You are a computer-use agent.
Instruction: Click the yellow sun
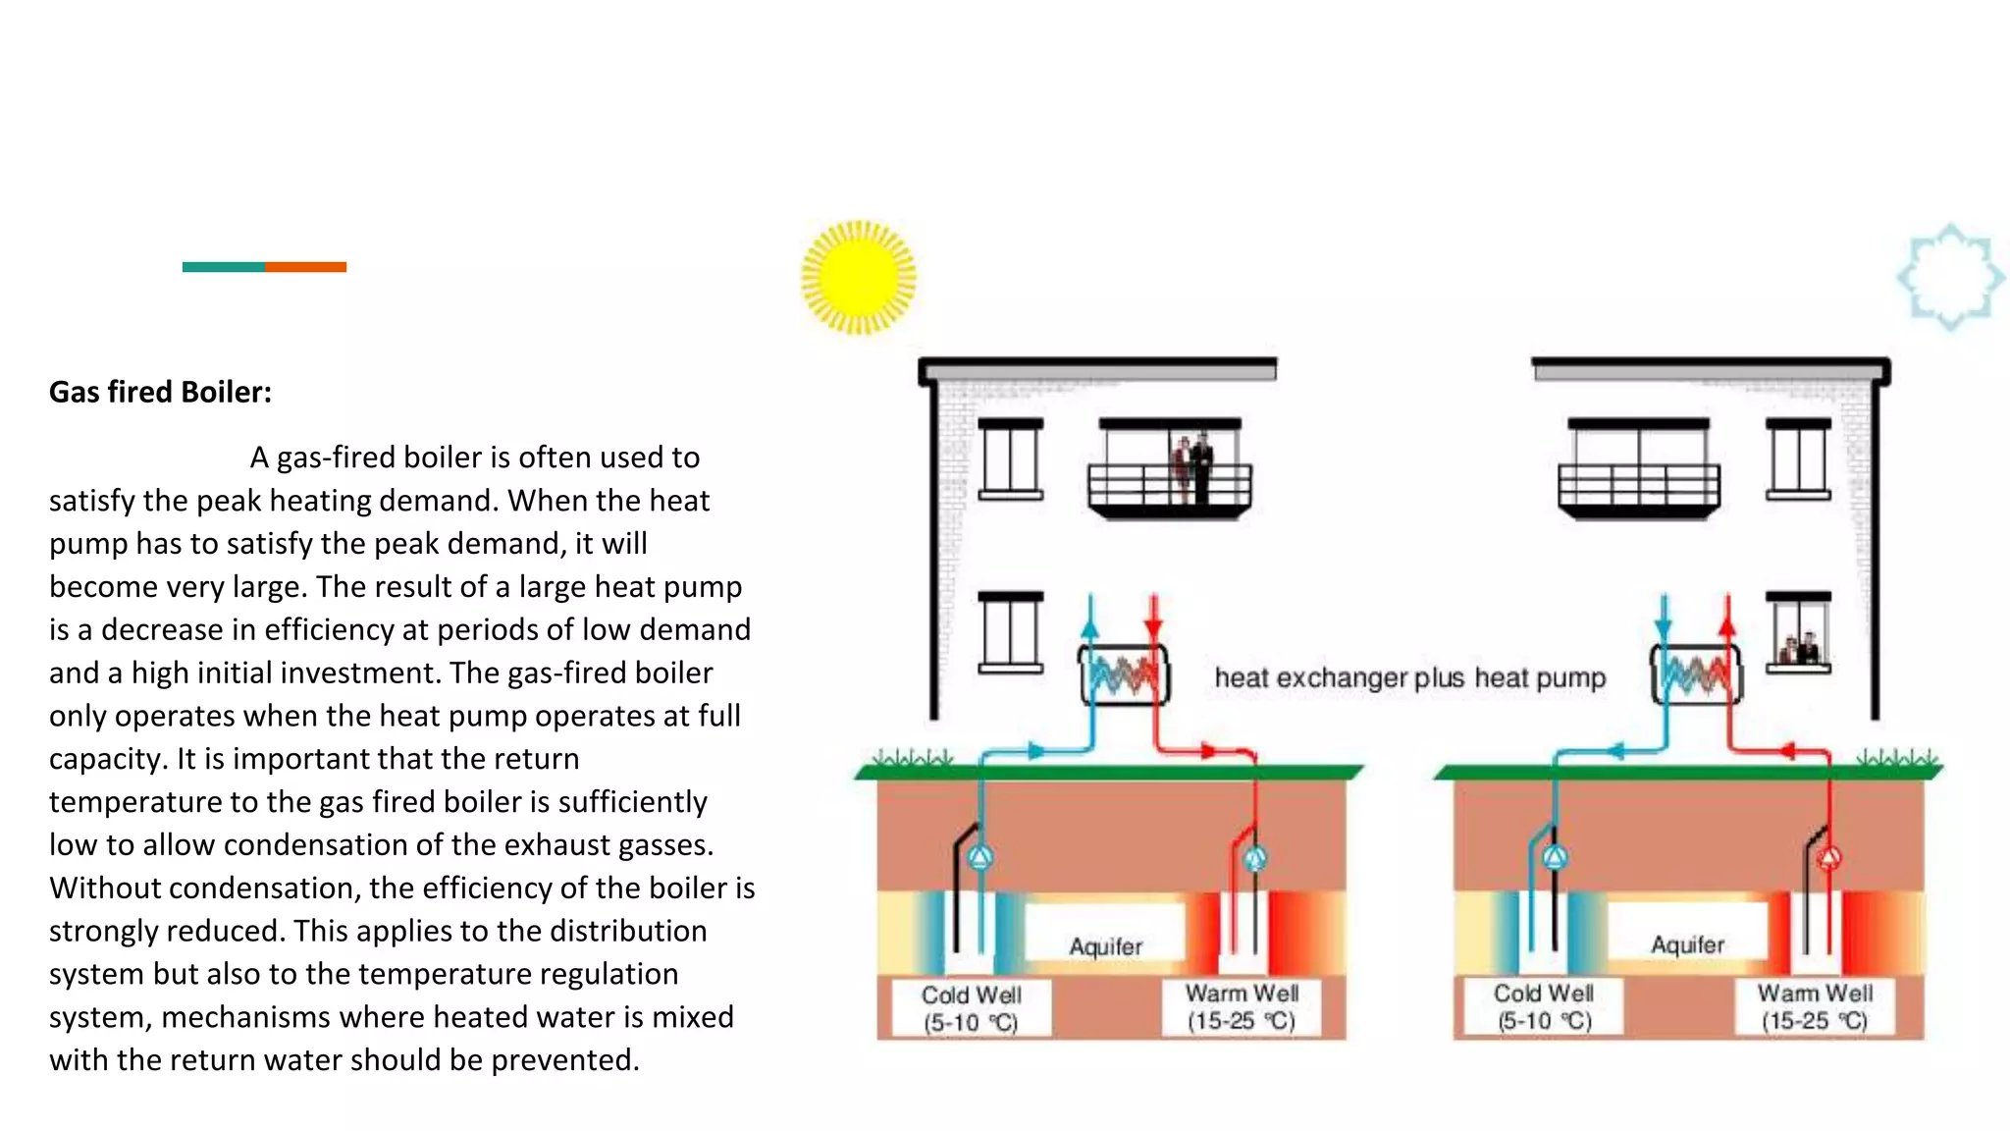859,277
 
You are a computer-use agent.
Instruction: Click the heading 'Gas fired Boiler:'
160,392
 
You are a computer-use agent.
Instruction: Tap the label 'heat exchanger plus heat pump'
1409,677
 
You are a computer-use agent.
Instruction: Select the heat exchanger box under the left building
1124,674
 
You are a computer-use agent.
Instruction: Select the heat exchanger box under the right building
1695,674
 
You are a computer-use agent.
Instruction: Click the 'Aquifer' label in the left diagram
1105,946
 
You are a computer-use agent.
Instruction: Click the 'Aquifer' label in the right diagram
1687,944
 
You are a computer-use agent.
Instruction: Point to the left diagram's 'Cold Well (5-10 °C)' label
971,1008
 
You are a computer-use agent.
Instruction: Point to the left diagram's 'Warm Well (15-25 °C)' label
1242,1007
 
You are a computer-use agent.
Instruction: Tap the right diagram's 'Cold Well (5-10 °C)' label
1544,1007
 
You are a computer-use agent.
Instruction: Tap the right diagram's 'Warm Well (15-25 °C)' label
1815,1007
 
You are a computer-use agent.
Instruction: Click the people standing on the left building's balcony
1191,467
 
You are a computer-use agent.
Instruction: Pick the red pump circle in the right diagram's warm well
1828,859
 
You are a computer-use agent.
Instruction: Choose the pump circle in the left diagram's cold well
979,858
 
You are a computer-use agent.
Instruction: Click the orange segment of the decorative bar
305,267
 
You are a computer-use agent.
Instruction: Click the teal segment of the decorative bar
223,267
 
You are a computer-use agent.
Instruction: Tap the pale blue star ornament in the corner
1950,277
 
